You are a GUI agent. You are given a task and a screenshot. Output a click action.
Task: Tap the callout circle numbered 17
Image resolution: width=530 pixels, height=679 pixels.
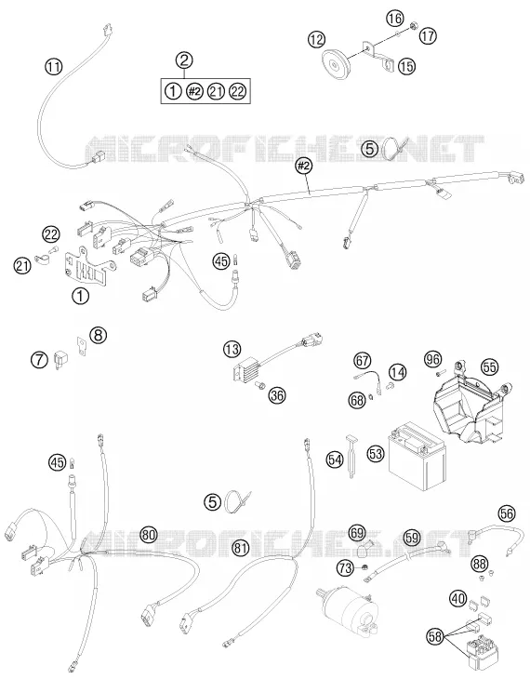428,35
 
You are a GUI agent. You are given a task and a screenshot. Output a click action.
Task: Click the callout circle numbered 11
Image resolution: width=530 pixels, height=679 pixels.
54,67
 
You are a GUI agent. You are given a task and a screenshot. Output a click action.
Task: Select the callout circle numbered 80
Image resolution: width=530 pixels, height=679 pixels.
149,535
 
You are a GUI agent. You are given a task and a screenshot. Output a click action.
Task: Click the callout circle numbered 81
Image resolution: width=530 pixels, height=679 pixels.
241,548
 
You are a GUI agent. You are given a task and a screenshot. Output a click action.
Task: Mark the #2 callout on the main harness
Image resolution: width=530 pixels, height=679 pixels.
304,165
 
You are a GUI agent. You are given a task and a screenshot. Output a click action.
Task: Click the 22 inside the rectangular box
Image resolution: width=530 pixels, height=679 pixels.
239,91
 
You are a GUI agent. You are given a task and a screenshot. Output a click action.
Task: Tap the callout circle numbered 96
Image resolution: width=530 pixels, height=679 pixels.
432,359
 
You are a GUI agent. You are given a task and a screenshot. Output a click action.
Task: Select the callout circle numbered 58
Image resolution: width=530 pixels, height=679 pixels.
436,636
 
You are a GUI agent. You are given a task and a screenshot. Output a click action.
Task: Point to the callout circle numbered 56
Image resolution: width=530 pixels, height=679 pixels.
507,513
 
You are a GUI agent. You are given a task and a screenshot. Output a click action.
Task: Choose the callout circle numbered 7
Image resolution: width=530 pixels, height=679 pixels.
39,359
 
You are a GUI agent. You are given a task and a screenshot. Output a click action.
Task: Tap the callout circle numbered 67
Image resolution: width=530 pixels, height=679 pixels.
363,360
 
